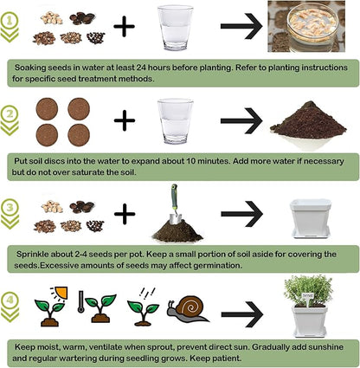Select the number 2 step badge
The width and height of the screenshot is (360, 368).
[x=10, y=113]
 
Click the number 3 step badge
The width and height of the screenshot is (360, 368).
[x=10, y=208]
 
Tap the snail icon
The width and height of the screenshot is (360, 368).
[x=188, y=310]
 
